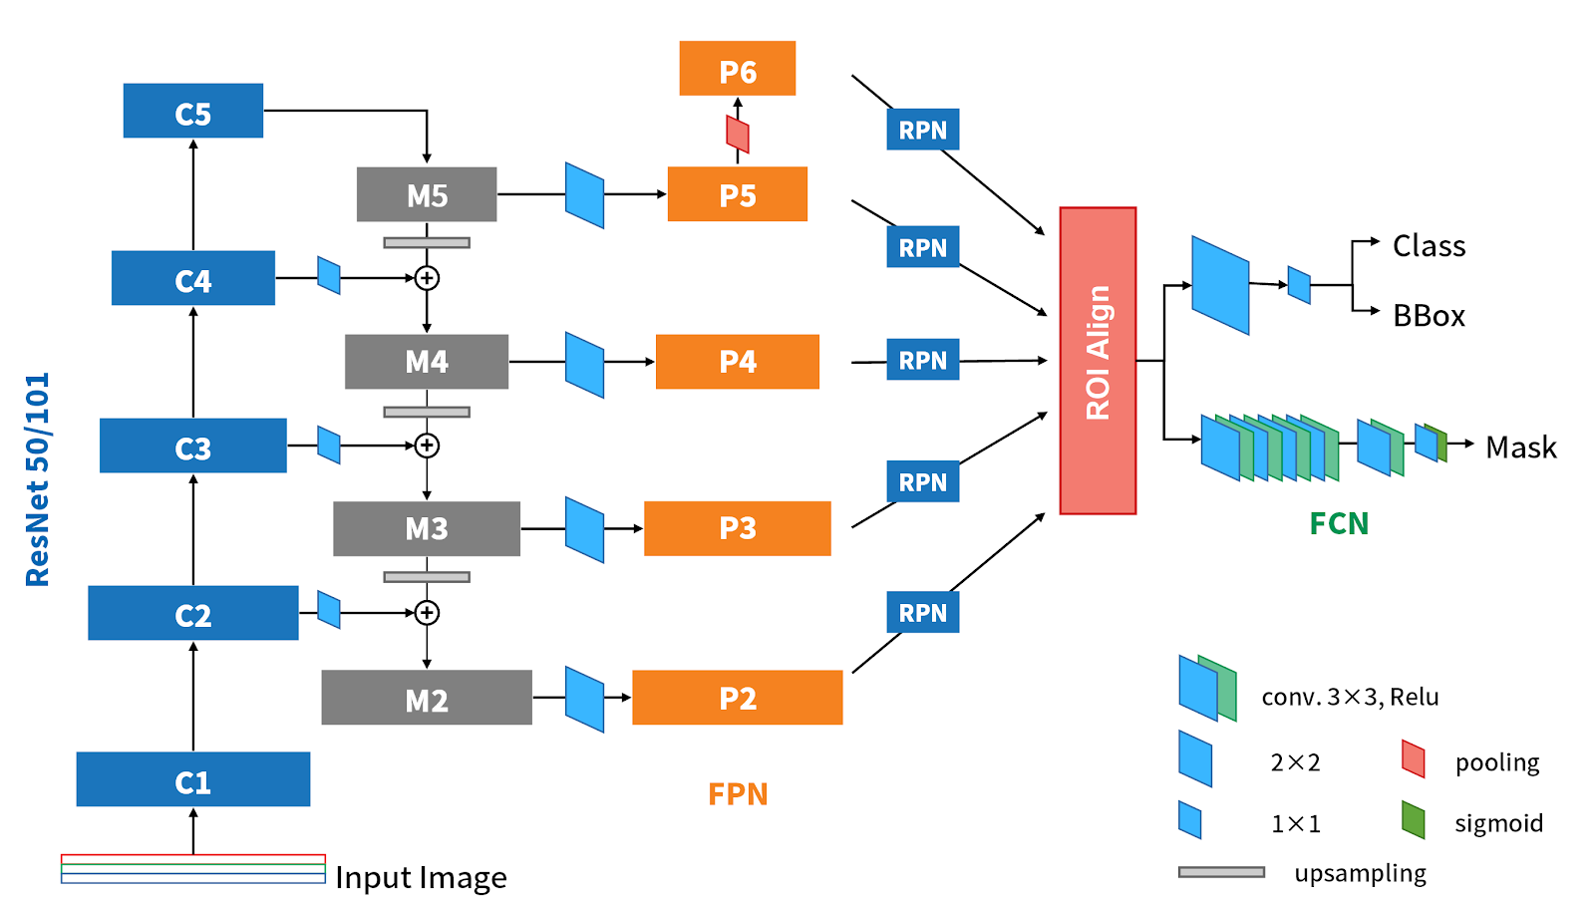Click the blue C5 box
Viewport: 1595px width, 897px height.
point(192,111)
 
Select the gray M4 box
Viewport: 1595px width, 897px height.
point(427,362)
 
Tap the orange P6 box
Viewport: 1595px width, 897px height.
point(738,69)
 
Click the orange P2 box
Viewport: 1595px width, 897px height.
point(738,698)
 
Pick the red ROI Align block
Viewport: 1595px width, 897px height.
point(1098,361)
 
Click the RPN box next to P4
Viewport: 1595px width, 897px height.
point(923,360)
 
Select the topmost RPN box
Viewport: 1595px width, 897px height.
point(923,130)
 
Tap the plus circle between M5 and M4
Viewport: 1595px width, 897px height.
point(427,278)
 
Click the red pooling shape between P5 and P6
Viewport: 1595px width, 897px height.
point(738,135)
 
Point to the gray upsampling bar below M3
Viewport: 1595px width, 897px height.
point(427,577)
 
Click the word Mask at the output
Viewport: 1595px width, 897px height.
point(1520,448)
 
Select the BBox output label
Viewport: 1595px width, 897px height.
point(1429,316)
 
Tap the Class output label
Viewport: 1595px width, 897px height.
point(1429,246)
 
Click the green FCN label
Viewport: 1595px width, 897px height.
point(1339,523)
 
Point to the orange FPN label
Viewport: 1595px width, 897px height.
point(738,794)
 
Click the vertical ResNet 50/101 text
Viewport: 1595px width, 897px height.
point(37,479)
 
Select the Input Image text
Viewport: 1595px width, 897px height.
point(421,877)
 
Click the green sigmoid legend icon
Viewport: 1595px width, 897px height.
point(1413,819)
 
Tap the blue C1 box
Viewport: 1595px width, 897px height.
point(192,780)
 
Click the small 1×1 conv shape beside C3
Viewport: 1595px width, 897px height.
point(329,446)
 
